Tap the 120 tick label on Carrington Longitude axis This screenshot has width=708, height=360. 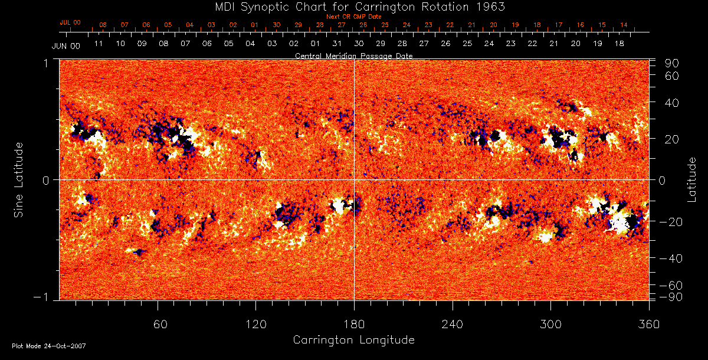tap(255, 325)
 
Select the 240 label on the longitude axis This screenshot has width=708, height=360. tap(453, 325)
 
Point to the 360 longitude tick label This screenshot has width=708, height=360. tap(648, 325)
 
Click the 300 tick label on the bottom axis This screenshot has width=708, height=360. tap(550, 325)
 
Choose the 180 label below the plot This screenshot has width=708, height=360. tap(354, 325)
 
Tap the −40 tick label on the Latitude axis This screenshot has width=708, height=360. tap(671, 258)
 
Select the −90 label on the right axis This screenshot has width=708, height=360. tap(671, 296)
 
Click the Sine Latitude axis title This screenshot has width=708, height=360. tap(19, 179)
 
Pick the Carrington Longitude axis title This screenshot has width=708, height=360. tap(353, 340)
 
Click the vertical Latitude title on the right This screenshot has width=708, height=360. tap(691, 179)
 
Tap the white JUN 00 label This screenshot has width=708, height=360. tap(65, 45)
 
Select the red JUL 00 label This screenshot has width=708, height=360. tap(70, 22)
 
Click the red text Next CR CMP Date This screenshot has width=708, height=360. tap(353, 17)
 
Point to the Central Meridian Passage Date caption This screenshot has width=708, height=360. tap(353, 55)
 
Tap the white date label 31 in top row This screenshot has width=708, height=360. tap(337, 44)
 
